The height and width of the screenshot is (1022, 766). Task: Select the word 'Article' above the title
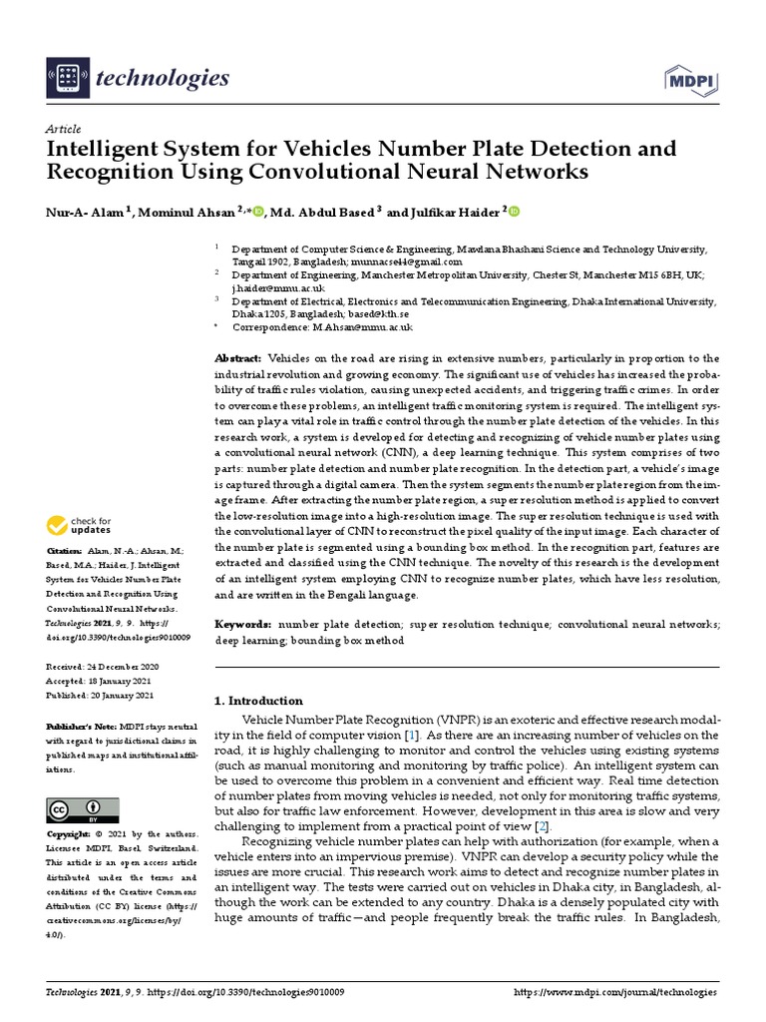click(64, 130)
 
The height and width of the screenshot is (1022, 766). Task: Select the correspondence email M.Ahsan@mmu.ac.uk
click(363, 326)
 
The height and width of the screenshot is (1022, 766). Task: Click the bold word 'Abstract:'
click(238, 358)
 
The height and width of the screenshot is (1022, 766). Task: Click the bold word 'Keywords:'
click(243, 624)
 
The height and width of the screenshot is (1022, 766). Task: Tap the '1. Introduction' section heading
click(259, 701)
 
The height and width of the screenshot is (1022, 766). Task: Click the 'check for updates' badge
click(80, 526)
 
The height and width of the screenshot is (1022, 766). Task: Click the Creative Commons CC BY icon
click(83, 809)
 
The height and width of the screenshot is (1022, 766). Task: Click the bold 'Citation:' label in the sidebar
click(66, 551)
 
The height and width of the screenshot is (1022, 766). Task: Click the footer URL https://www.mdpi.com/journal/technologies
click(614, 993)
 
